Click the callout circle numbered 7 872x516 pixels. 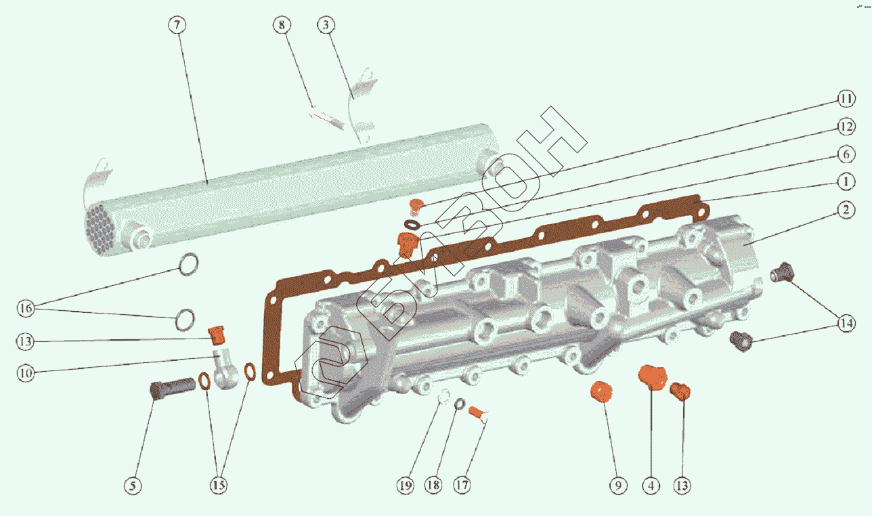(x=177, y=25)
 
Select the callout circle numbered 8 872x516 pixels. (x=282, y=25)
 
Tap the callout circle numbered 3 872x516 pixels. (x=326, y=25)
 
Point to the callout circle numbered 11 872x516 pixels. (x=846, y=98)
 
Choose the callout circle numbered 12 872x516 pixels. (x=846, y=127)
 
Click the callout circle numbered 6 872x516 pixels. (x=846, y=154)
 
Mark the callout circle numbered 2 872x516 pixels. (x=846, y=211)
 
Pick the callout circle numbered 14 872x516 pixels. (x=846, y=323)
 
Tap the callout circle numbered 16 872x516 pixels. (x=26, y=308)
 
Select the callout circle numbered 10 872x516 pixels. (x=26, y=373)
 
